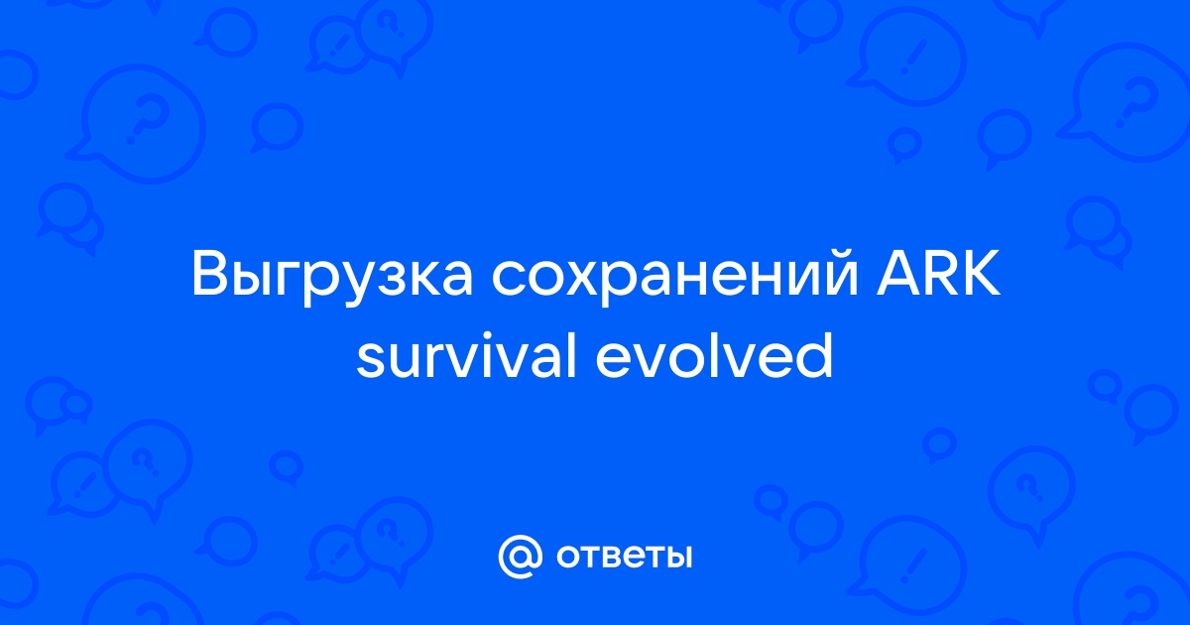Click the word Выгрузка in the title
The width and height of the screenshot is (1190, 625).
click(332, 277)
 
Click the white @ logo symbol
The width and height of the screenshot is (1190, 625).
click(520, 557)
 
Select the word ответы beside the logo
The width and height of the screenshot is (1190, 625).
click(624, 557)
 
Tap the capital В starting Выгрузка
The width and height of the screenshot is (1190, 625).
click(210, 272)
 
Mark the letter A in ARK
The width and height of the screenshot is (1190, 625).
click(897, 272)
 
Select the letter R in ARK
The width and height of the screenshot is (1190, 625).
click(942, 272)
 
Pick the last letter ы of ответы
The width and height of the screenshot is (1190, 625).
click(678, 557)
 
